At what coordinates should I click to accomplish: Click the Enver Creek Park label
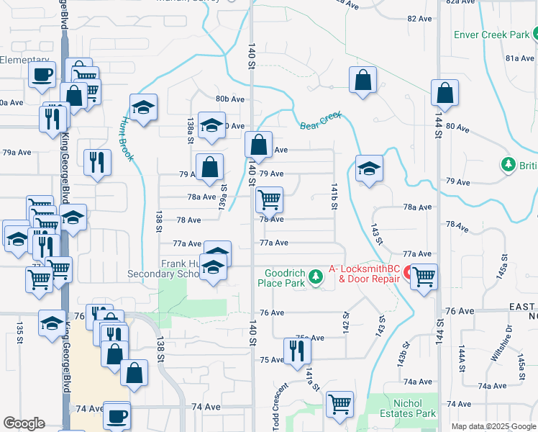pos(491,35)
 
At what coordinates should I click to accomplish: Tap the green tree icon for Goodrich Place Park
pos(314,276)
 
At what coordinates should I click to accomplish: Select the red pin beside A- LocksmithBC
pos(407,274)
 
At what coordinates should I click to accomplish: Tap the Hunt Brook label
pos(128,138)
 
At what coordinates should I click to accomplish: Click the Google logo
pos(24,423)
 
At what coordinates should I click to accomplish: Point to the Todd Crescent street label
pos(281,407)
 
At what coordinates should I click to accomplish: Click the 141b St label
pos(334,195)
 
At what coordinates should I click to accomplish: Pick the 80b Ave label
pos(230,99)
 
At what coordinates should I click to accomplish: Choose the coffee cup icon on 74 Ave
pos(117,415)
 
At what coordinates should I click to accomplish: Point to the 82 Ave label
pos(417,19)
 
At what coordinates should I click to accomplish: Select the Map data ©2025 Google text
pos(493,426)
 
